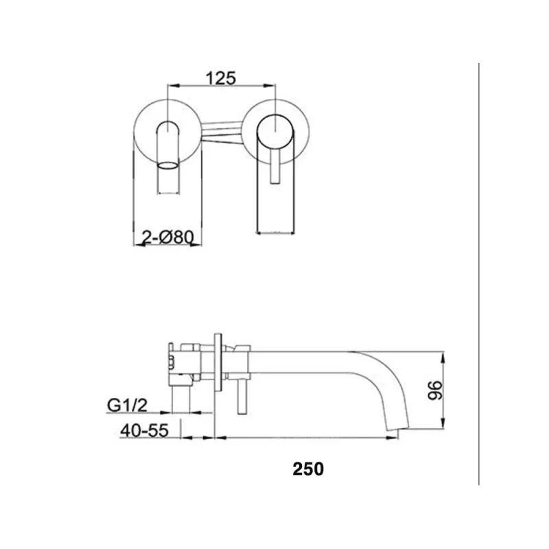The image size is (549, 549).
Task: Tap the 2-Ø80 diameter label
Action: pos(167,237)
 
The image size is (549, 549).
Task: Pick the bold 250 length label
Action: pos(308,469)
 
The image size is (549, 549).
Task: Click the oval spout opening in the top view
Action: pos(167,165)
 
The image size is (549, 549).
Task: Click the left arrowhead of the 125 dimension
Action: pos(172,86)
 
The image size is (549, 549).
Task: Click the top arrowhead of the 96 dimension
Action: pos(446,355)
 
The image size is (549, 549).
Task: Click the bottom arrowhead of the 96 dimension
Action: pos(446,427)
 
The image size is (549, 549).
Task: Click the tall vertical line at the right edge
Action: pos(478,274)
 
